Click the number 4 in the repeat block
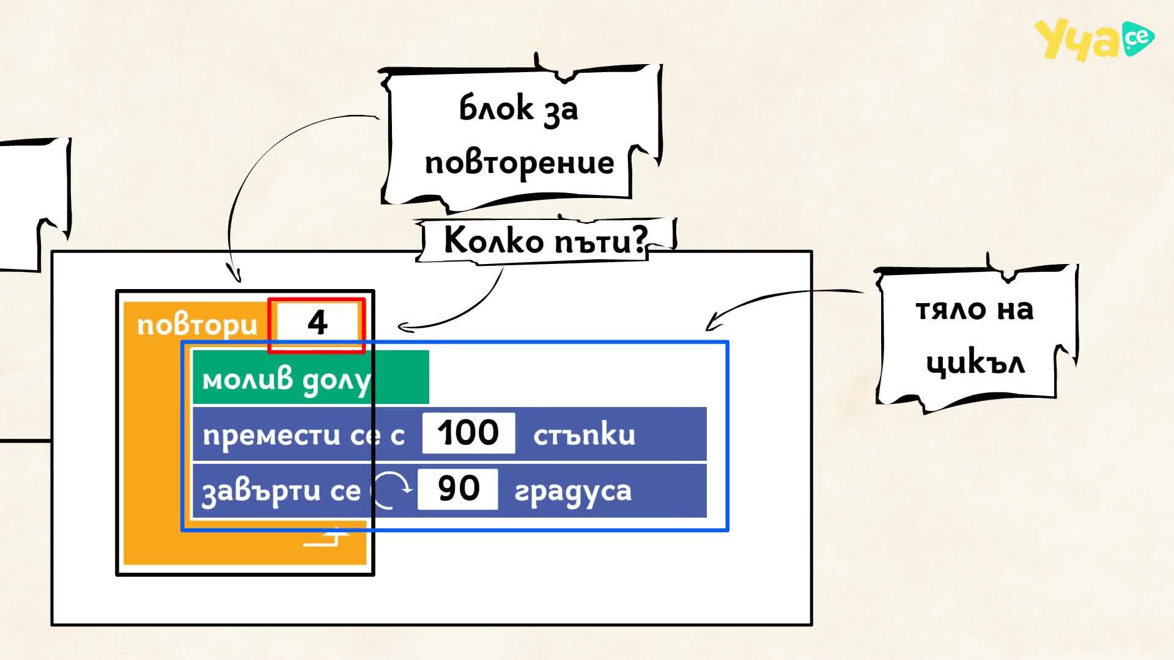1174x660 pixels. click(x=317, y=323)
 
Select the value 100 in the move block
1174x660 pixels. click(x=468, y=433)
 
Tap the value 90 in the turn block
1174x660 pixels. click(x=459, y=488)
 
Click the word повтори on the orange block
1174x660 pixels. click(x=198, y=325)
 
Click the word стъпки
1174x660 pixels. click(x=585, y=435)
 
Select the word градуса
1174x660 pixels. click(x=573, y=491)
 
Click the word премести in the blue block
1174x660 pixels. click(x=271, y=435)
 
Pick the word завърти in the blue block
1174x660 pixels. click(x=261, y=491)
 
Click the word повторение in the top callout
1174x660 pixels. click(x=520, y=163)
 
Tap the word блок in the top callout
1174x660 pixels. click(x=496, y=108)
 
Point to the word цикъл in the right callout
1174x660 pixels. click(x=975, y=363)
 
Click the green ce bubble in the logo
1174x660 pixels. click(x=1138, y=38)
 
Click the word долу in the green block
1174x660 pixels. click(x=337, y=381)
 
